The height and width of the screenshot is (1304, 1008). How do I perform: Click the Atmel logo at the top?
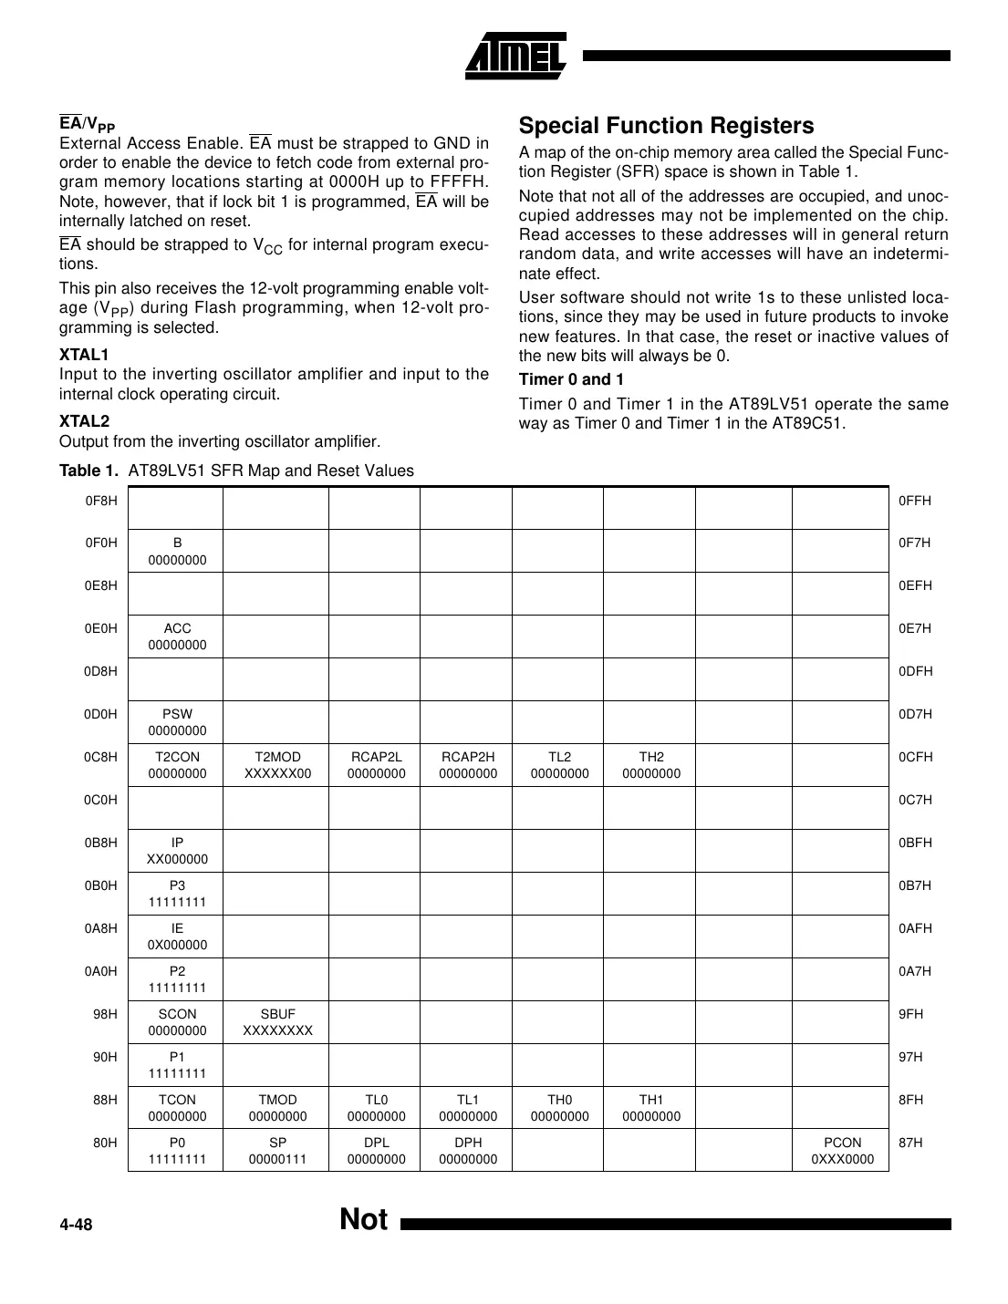tap(515, 56)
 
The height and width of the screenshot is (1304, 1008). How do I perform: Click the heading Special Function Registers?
tap(666, 126)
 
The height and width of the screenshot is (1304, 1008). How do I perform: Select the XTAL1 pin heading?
tap(84, 355)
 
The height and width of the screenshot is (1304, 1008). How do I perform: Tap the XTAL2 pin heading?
tap(84, 421)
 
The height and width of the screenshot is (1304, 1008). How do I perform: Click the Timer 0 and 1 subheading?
tap(571, 380)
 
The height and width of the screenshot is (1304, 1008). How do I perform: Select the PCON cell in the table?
tap(841, 1151)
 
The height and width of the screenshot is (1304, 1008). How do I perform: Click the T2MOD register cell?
tap(277, 765)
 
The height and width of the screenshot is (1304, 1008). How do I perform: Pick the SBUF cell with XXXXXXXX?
tap(277, 1022)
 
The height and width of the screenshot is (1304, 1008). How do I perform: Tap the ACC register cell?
tap(177, 636)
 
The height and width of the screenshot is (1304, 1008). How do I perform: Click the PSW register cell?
tap(177, 722)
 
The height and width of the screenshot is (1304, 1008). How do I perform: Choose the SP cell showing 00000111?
tap(277, 1151)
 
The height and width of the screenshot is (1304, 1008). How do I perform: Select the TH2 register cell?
tap(650, 765)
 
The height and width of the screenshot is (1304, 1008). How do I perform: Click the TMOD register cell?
tap(277, 1108)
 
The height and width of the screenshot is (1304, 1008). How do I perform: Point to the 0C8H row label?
tap(100, 757)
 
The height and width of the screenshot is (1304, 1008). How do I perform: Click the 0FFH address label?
tap(915, 501)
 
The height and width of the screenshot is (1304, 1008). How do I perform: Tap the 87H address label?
tap(910, 1143)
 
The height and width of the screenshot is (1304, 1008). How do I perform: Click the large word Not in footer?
tap(363, 1219)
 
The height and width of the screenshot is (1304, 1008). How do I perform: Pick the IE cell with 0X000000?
tap(177, 937)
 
